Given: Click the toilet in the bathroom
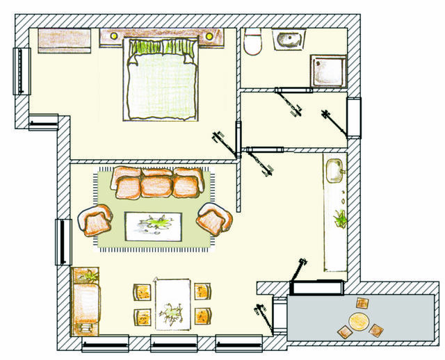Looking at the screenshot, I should click(x=252, y=42).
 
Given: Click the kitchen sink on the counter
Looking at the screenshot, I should click(x=334, y=169).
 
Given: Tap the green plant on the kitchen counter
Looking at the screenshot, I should click(x=340, y=218).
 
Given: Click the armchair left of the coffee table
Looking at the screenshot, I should click(x=96, y=220).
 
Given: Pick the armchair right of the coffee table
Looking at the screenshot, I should click(x=211, y=219).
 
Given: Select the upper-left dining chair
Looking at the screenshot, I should click(x=142, y=291).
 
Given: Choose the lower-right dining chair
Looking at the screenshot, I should click(x=202, y=315).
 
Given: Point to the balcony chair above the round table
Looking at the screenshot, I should click(x=363, y=304).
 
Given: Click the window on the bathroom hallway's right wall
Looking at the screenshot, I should click(x=354, y=118).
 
